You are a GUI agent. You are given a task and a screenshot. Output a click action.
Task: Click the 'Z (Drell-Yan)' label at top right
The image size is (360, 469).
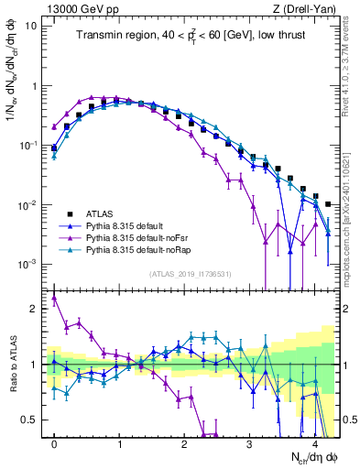pos(306,9)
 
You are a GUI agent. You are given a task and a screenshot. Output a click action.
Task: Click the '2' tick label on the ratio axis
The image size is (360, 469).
pos(35,309)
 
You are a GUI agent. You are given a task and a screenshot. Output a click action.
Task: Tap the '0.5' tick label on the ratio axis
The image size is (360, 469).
pos(31,420)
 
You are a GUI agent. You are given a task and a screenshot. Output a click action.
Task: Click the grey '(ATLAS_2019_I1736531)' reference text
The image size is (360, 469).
pos(190,274)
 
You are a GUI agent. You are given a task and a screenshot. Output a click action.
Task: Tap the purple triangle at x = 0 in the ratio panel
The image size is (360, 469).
pos(55,298)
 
